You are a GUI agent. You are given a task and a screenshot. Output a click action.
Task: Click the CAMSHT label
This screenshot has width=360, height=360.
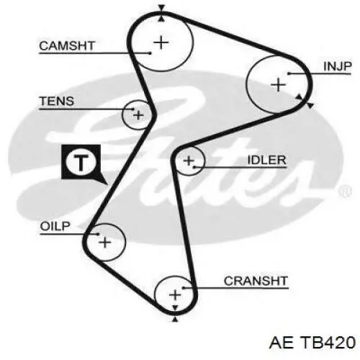[67, 45]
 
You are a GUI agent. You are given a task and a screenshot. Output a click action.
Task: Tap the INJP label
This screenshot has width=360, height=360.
[338, 66]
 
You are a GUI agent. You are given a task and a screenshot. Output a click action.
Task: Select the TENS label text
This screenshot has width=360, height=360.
[57, 101]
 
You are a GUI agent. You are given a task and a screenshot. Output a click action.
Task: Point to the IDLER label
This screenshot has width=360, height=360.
[266, 160]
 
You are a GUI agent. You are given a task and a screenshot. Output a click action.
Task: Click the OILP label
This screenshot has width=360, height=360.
[55, 226]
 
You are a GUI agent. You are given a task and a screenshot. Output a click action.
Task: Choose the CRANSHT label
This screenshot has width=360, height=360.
[256, 281]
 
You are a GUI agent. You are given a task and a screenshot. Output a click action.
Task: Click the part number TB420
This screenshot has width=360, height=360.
[328, 342]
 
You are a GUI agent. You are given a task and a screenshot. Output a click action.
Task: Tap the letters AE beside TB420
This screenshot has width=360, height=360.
[282, 342]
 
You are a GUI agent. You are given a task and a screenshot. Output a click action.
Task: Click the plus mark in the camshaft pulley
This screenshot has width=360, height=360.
[161, 42]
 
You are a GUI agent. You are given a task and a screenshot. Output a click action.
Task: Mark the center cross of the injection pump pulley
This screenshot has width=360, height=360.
[278, 85]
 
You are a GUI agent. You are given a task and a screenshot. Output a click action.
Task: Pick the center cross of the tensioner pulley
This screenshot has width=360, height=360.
[138, 115]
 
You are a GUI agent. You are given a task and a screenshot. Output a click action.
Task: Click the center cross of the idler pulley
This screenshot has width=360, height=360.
[189, 161]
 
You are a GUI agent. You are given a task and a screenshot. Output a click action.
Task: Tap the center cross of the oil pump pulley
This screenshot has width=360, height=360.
[105, 242]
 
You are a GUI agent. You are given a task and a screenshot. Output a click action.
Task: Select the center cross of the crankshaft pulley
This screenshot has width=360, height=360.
[175, 294]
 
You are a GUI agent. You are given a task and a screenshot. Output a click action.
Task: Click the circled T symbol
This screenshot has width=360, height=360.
[81, 162]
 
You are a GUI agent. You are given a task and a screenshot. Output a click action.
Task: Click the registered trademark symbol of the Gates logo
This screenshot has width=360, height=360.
[345, 192]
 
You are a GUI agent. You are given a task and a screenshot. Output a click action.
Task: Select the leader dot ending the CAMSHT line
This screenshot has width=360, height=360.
[150, 53]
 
